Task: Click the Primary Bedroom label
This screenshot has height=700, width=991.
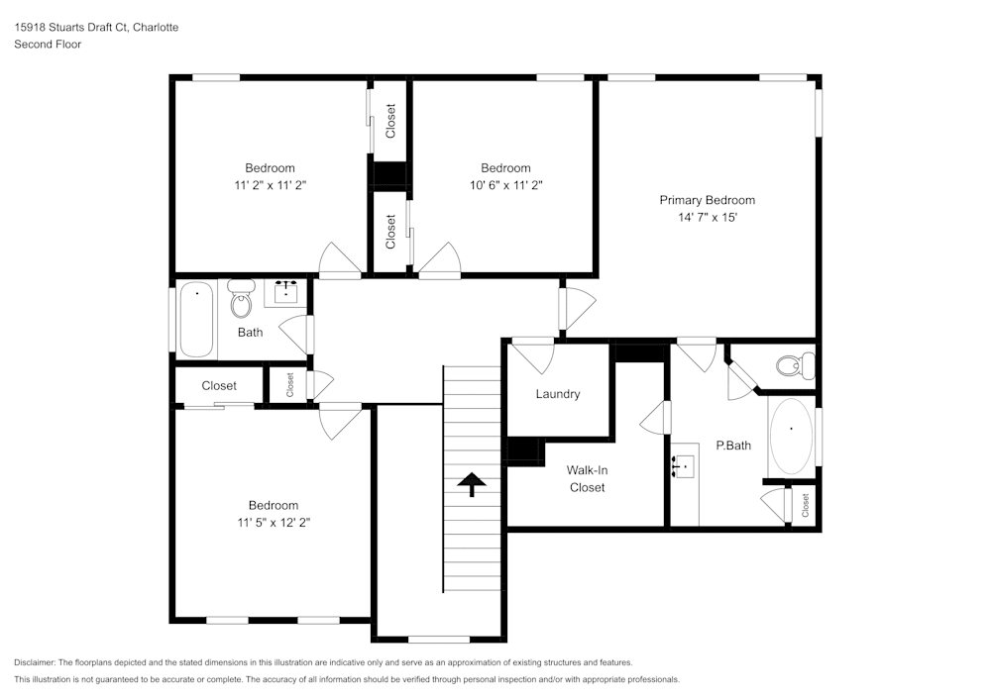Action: click(707, 200)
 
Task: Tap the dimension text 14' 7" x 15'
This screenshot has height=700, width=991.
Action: click(707, 217)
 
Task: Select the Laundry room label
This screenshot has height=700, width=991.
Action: click(557, 394)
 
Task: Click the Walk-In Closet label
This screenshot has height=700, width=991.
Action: click(586, 478)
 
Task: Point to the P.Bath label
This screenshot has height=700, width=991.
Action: click(733, 446)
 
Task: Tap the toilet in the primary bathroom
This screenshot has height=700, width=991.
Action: click(793, 366)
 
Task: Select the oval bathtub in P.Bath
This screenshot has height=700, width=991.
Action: click(791, 435)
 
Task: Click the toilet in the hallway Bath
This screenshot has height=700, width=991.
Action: click(241, 296)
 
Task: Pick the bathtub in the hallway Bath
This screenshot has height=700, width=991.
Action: click(196, 319)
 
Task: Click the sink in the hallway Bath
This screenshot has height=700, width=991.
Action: click(286, 292)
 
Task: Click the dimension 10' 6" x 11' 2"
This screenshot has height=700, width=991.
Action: click(505, 184)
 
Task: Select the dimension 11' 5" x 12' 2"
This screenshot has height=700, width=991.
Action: click(273, 522)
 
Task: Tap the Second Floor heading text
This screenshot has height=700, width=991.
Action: click(48, 45)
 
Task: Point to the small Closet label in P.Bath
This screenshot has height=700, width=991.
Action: click(806, 505)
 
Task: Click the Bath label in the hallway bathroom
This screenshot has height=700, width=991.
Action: click(250, 333)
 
